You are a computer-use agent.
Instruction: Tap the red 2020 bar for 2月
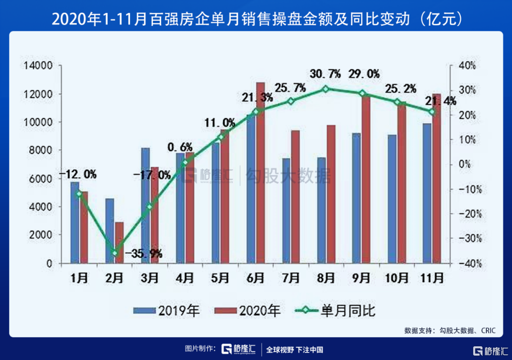[x=119, y=242]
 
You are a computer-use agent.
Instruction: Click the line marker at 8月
[x=325, y=89]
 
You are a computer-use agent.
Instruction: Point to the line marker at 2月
[x=115, y=253]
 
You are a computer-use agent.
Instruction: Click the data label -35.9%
[x=143, y=254]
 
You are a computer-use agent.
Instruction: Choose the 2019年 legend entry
[x=167, y=311]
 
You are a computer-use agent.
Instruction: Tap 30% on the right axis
[x=459, y=91]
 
